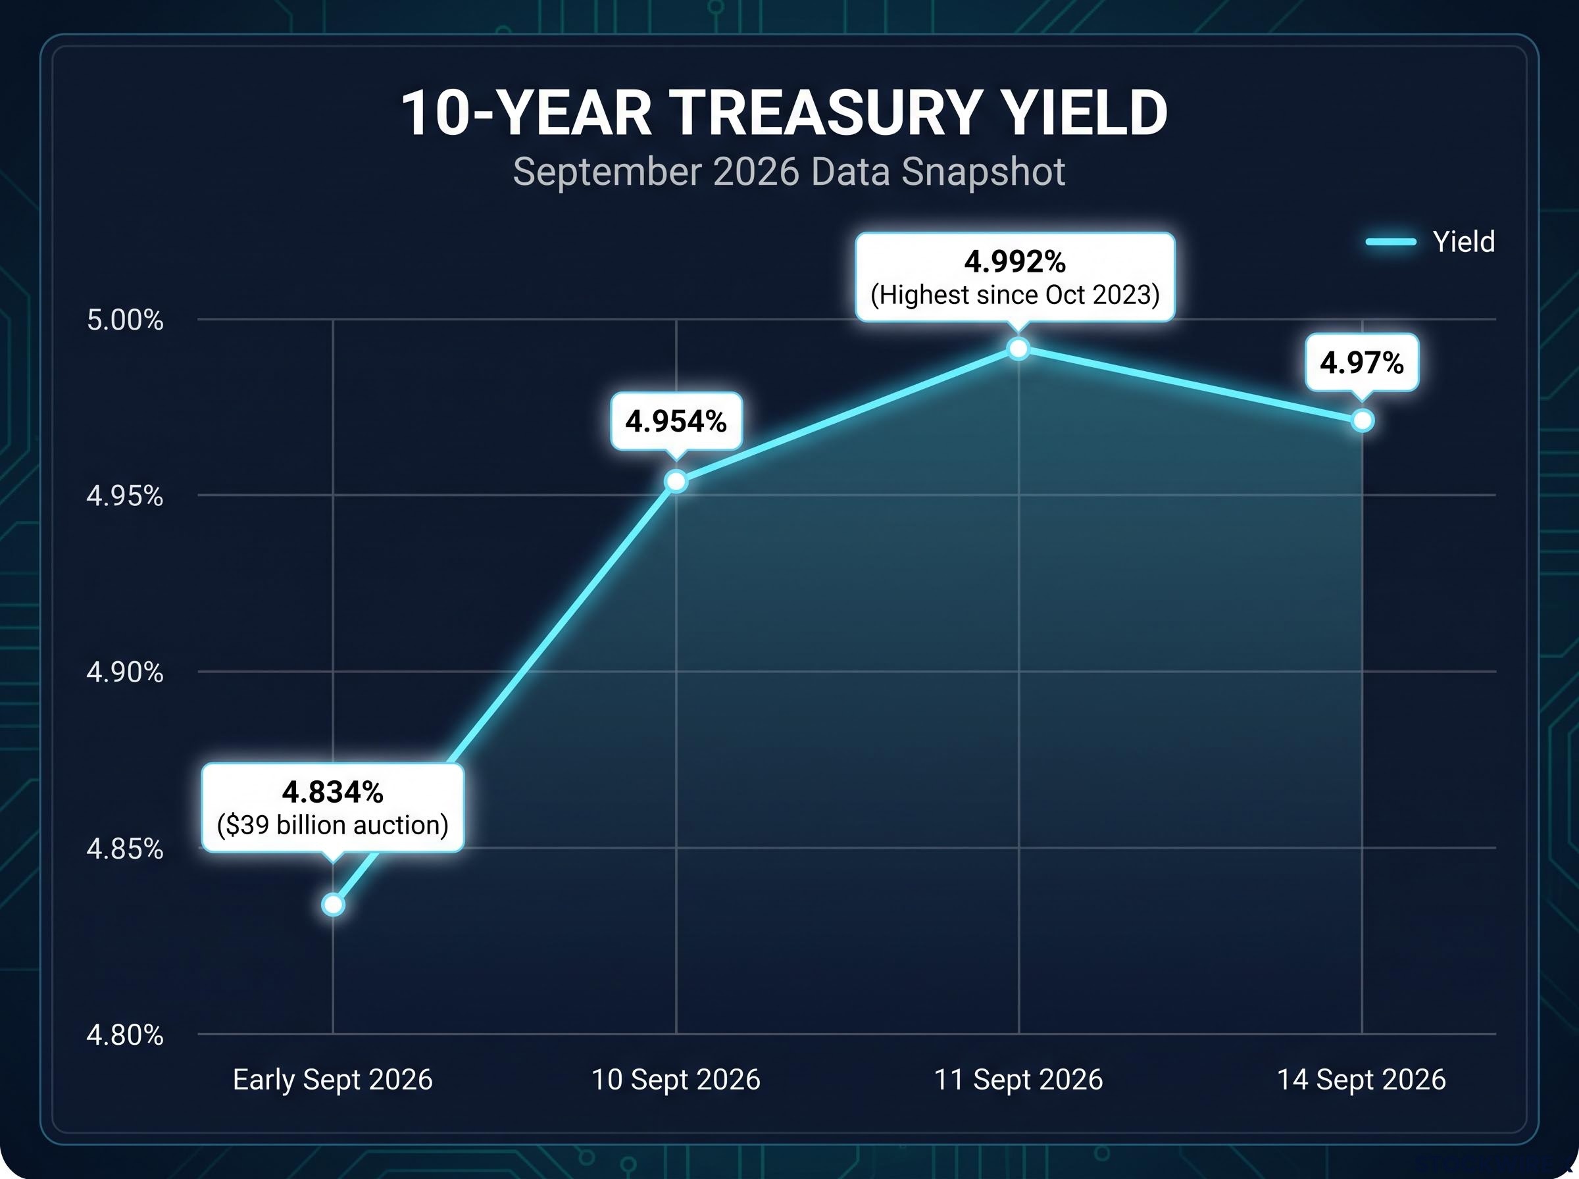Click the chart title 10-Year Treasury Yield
784,113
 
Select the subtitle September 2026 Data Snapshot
789,172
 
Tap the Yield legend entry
1430,242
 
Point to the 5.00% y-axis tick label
125,320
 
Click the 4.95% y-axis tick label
125,495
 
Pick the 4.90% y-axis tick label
125,672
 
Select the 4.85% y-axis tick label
125,849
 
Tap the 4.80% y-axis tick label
125,1034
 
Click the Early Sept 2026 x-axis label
332,1080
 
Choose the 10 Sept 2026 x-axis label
676,1080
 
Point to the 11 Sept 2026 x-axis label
1018,1080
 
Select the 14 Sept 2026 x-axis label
1361,1080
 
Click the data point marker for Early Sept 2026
333,905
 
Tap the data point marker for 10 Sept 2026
676,482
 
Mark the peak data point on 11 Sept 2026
1019,349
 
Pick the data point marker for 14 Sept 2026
1363,421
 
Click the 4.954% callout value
676,422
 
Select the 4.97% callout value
1361,363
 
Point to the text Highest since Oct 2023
1015,295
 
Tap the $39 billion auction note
332,825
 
